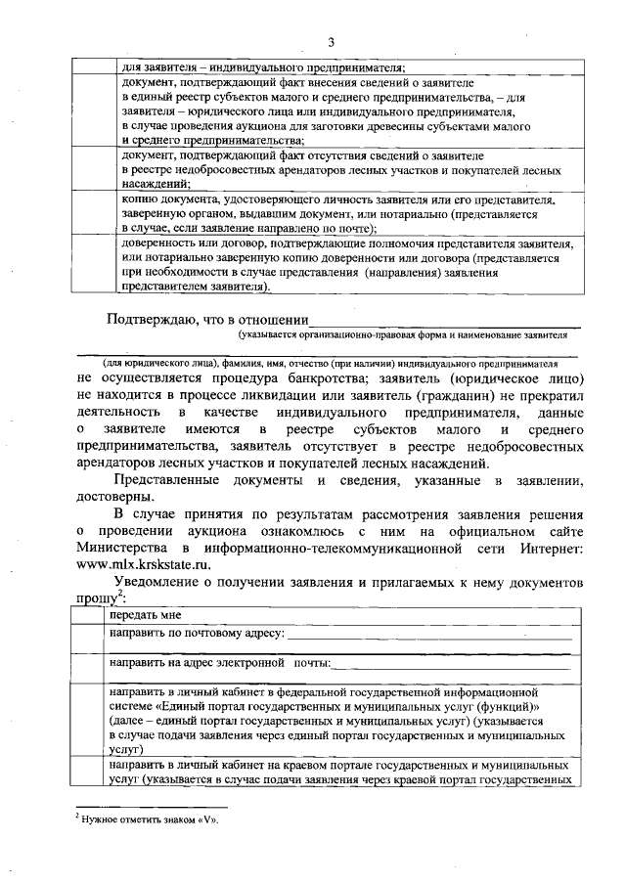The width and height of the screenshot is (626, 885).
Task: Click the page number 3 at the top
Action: pos(331,41)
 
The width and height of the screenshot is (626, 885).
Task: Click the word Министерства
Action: pos(126,546)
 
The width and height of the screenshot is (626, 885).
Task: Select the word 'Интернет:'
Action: pos(549,546)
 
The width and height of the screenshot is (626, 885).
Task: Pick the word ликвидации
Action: pos(291,392)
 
